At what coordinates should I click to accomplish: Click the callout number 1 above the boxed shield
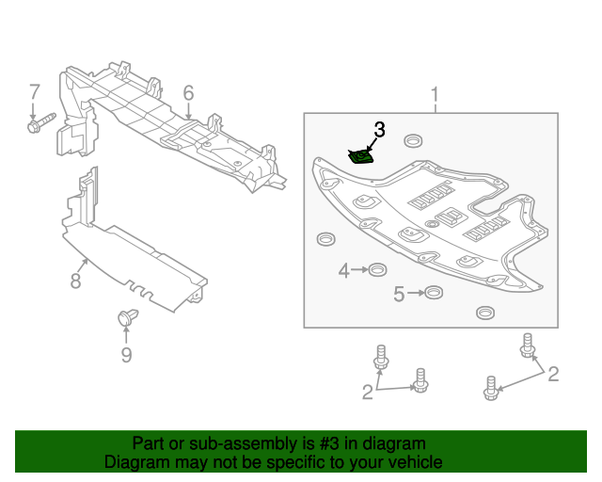point(435,94)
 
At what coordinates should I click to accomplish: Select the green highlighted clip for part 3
point(359,156)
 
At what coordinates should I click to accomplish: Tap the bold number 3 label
point(379,129)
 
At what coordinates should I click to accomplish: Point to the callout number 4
point(344,271)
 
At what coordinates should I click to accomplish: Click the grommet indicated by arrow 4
point(374,271)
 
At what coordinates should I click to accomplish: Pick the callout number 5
point(398,295)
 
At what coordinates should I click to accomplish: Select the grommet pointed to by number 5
point(432,293)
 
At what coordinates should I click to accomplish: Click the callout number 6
point(188,93)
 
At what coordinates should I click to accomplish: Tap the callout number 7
point(34,92)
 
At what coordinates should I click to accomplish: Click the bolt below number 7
point(40,123)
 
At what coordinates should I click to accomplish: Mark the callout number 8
point(76,280)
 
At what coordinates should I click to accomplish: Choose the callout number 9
point(126,355)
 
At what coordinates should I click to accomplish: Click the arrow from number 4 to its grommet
point(358,271)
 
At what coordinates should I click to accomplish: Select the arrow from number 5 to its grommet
point(414,295)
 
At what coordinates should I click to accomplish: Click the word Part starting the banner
point(149,443)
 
